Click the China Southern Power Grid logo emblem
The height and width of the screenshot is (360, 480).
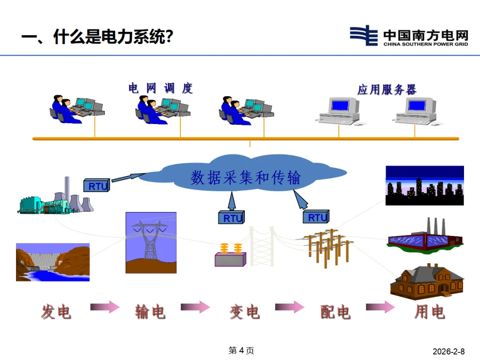tap(364, 36)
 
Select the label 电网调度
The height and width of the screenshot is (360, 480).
tap(161, 88)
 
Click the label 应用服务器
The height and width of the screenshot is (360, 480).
tap(387, 89)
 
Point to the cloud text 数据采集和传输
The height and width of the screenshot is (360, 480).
tap(246, 177)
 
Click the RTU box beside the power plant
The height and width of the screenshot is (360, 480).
tap(96, 185)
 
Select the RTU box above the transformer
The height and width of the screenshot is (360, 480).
tap(232, 218)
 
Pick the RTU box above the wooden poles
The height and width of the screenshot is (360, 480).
tap(316, 217)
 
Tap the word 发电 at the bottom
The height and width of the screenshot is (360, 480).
tap(56, 312)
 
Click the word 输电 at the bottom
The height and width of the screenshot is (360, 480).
tap(150, 312)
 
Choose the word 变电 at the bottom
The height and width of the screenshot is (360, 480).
tap(244, 312)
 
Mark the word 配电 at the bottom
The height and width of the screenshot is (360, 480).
tap(336, 312)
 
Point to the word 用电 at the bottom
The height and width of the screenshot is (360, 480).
tap(429, 312)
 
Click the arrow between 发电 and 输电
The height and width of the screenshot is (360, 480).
tap(105, 307)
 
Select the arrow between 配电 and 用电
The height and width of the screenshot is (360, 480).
tap(380, 307)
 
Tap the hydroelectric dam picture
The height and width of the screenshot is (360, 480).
tap(52, 262)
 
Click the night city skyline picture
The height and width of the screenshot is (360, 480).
tap(424, 185)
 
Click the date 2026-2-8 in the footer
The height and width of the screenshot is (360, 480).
tap(451, 351)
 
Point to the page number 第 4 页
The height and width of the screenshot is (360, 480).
tap(241, 351)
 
